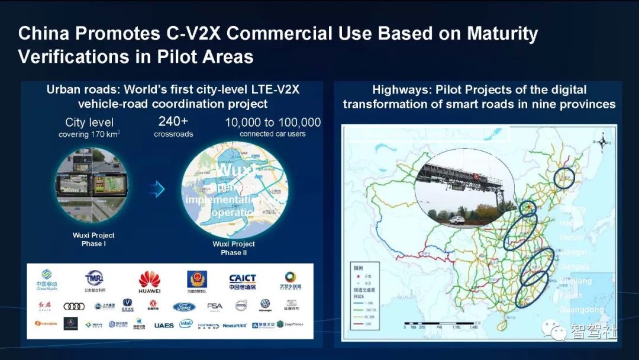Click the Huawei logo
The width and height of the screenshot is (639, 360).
click(x=149, y=281)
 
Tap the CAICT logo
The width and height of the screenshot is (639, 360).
click(x=242, y=282)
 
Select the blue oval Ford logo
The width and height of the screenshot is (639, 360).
click(x=184, y=307)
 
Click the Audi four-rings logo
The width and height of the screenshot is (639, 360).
click(x=74, y=306)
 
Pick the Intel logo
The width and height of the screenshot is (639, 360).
click(x=186, y=324)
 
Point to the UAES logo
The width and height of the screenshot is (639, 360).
click(x=164, y=325)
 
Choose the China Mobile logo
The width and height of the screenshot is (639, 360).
click(x=47, y=281)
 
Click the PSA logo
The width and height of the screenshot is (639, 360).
click(x=214, y=307)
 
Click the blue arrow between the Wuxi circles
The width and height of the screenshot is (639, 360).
click(x=156, y=189)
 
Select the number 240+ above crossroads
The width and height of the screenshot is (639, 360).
click(x=173, y=122)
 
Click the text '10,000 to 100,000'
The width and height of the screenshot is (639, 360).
click(x=273, y=123)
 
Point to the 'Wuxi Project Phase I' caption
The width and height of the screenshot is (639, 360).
click(x=93, y=239)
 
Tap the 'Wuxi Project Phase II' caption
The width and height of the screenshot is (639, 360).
click(x=234, y=248)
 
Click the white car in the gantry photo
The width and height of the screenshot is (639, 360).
click(x=455, y=220)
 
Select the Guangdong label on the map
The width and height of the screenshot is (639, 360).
click(x=581, y=310)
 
